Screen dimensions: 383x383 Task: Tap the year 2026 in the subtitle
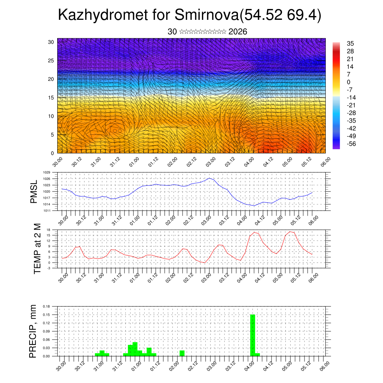coord(238,32)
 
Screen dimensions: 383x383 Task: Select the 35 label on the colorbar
coord(350,43)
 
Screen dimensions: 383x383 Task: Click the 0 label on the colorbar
coord(349,82)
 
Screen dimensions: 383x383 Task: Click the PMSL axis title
coord(34,191)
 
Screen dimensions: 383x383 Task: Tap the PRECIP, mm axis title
coord(33,331)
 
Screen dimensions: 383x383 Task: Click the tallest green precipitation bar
coord(252,335)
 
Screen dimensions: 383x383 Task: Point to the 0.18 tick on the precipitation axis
coord(47,306)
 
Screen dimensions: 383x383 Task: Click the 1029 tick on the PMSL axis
coord(47,172)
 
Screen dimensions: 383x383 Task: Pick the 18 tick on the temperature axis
coord(48,230)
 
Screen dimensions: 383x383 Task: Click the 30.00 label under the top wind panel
coord(57,162)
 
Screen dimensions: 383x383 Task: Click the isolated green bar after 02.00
coord(182,353)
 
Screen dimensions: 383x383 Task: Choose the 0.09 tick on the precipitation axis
coord(47,331)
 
